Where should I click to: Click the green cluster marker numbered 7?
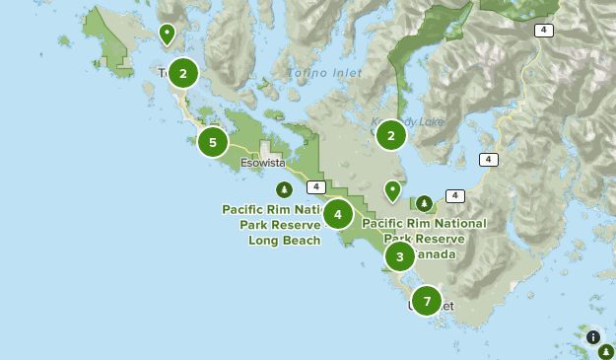coord(427,301)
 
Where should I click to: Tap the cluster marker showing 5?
coord(213,142)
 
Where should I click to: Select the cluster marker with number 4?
coord(338,214)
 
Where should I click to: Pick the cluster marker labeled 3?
coord(399,256)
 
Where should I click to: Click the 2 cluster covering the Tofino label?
coord(182,73)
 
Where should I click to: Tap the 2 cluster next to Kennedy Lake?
coord(391,135)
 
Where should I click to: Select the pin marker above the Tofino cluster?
coord(168,35)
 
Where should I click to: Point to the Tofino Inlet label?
coord(325,73)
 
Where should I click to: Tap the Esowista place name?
coord(262,163)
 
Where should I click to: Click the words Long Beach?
coord(284,240)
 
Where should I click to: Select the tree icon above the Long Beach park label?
coord(284,189)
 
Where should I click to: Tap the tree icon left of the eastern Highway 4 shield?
coord(424,203)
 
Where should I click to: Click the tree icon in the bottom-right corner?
coord(606,350)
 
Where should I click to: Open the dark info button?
coord(593,336)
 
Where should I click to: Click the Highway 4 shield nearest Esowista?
coord(315,187)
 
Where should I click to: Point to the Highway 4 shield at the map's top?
coord(544,31)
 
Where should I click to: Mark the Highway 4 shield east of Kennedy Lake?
coord(488,159)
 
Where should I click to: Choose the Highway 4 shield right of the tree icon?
coord(454,196)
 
